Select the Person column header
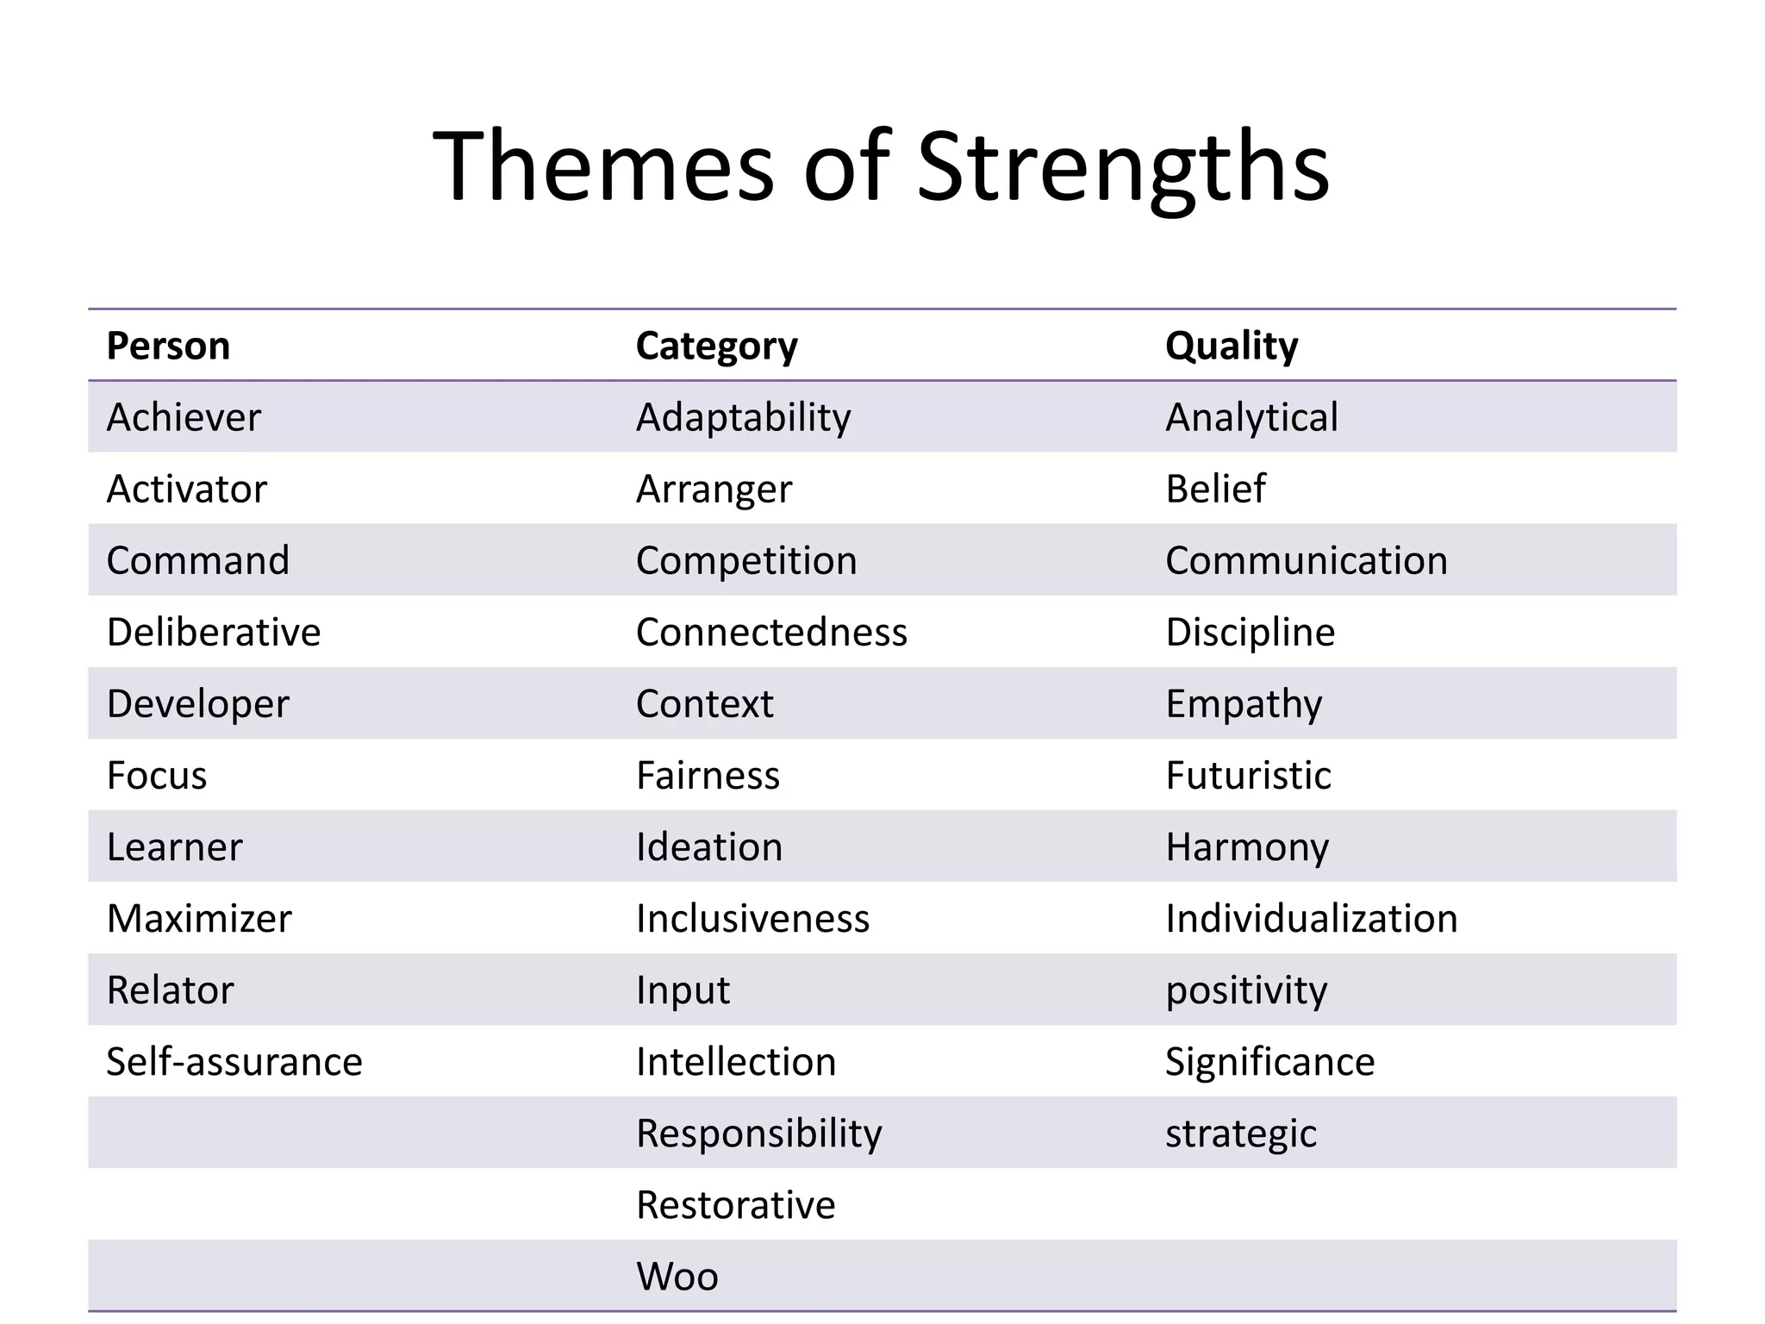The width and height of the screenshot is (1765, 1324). point(168,347)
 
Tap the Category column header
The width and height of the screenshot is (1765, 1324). point(716,347)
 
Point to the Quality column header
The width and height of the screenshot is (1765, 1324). point(1231,347)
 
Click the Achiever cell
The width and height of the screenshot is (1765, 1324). point(184,418)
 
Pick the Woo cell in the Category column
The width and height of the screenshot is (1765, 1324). point(677,1277)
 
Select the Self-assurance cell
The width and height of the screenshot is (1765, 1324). point(234,1062)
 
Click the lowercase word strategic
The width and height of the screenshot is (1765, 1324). point(1240,1134)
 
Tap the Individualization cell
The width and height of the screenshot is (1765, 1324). point(1311,919)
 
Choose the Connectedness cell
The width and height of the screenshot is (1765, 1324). point(771,633)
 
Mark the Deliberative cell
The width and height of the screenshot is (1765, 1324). point(214,633)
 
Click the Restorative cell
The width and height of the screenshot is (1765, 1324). point(735,1205)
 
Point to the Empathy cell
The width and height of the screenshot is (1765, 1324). point(1243,704)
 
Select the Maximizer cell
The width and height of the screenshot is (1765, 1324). point(199,919)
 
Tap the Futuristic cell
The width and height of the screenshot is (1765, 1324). point(1248,776)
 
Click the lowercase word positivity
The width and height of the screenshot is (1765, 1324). point(1246,990)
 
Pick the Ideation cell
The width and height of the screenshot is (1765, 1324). point(709,847)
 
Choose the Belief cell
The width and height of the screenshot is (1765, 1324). point(1215,490)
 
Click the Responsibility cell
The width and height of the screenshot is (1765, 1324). point(758,1134)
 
